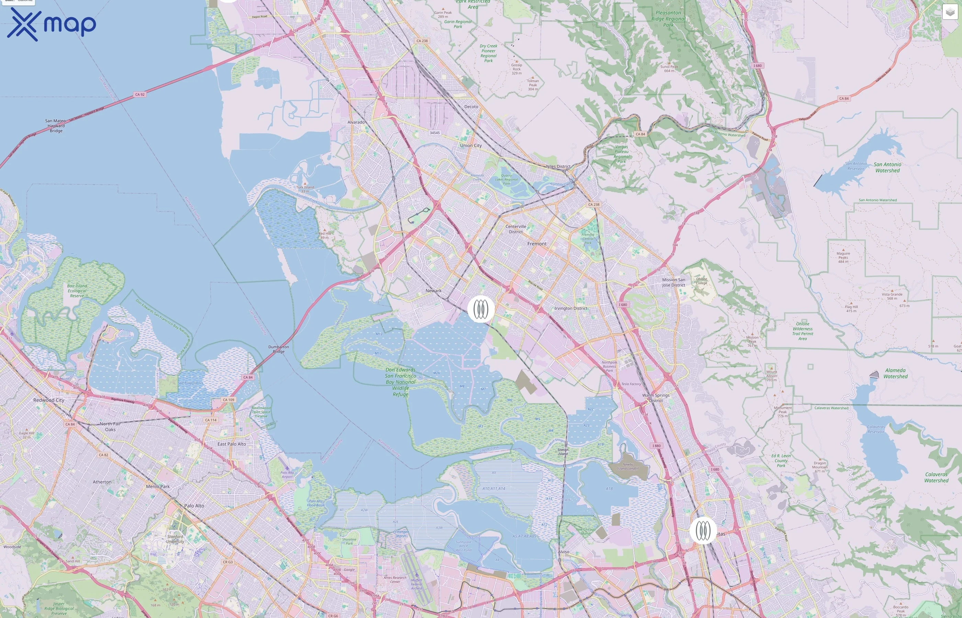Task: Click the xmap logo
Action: [52, 24]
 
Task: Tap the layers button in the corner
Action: [950, 12]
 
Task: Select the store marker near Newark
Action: [481, 309]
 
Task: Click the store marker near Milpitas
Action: [703, 530]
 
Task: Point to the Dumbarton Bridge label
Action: [279, 349]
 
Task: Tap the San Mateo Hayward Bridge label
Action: [56, 126]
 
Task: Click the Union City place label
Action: [471, 146]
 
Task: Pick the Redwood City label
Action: [48, 400]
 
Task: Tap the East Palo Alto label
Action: [232, 444]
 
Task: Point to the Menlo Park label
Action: [158, 487]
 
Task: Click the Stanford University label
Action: [175, 539]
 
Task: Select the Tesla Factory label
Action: [631, 384]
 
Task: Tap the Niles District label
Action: [558, 167]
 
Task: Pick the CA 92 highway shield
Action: [140, 95]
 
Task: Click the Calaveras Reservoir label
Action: [876, 430]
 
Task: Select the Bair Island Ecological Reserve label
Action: [77, 291]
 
